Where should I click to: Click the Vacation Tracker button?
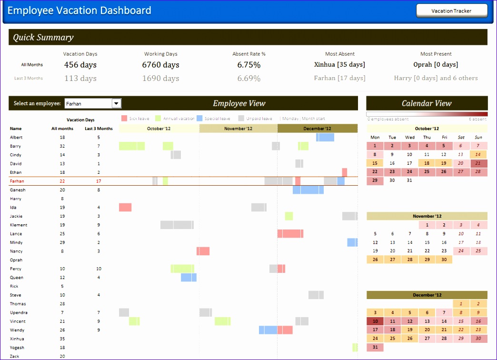[451, 11]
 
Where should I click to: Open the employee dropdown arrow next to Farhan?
[116, 103]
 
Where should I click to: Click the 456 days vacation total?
[80, 65]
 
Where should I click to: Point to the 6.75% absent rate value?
[249, 65]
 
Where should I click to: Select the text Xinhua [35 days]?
[340, 64]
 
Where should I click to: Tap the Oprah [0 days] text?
[436, 64]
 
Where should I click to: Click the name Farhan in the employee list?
[17, 181]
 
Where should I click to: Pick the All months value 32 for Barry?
[62, 146]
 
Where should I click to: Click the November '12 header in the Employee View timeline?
[238, 129]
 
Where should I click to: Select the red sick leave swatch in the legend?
[124, 119]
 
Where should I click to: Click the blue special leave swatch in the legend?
[199, 119]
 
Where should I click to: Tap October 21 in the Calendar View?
[478, 163]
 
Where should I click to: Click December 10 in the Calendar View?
[375, 321]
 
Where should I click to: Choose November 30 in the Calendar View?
[444, 260]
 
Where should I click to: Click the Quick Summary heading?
[43, 38]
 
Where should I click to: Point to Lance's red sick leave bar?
[290, 233]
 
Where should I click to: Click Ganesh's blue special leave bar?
[308, 190]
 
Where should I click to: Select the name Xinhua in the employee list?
[17, 339]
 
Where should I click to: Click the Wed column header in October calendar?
[409, 138]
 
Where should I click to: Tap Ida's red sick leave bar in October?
[125, 207]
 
